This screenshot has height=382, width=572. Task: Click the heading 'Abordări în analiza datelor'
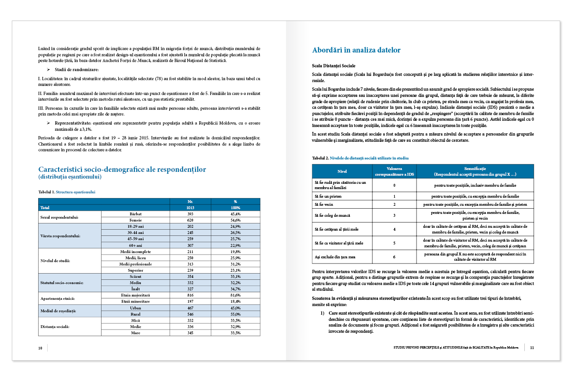point(356,50)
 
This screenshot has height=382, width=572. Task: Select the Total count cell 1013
point(190,208)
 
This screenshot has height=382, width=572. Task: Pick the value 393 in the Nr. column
point(190,214)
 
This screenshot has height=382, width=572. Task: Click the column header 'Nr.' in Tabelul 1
point(190,202)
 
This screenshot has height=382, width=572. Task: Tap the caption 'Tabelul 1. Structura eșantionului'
point(67,192)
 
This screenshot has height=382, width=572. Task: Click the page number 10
point(41,348)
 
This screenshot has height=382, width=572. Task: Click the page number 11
point(531,348)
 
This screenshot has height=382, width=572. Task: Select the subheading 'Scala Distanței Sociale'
point(333,65)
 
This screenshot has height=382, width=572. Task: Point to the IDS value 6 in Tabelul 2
point(394,257)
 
